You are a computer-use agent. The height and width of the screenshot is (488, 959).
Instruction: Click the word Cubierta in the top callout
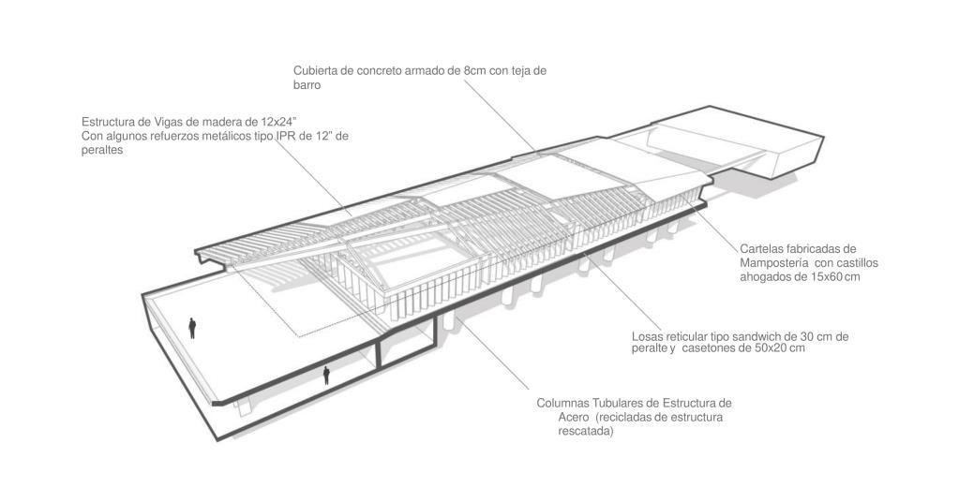coord(317,70)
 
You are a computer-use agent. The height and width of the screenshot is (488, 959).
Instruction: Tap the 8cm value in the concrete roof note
coord(476,70)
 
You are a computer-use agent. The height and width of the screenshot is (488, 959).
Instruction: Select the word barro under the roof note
coord(307,84)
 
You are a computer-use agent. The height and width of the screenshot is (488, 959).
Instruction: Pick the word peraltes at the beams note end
coord(103,150)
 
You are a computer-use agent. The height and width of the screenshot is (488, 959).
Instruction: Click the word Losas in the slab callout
coord(648,336)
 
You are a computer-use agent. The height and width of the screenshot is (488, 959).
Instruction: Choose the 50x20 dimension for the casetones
coord(766,348)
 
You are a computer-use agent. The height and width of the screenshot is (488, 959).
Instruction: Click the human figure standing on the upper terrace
coord(192,327)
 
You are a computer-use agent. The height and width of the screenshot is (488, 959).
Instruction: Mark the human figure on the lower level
coord(326,376)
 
